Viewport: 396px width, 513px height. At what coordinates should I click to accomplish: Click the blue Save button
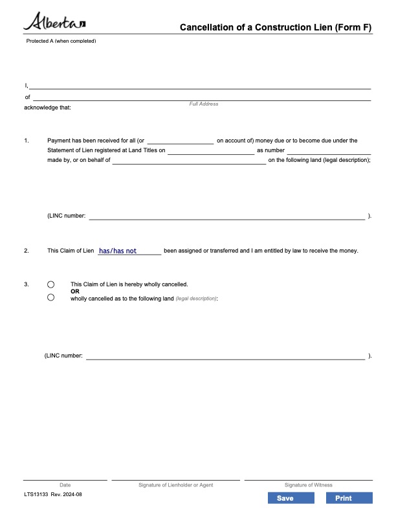point(285,498)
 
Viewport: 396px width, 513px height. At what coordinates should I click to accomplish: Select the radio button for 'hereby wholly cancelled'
point(51,284)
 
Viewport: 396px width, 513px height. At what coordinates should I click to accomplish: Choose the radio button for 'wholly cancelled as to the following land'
point(51,298)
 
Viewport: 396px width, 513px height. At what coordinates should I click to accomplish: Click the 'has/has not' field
point(129,251)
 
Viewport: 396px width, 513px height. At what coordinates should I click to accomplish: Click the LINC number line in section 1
point(226,216)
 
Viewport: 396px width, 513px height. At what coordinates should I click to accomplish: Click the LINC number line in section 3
point(225,356)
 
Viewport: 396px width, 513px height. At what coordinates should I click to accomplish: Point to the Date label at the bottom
point(65,484)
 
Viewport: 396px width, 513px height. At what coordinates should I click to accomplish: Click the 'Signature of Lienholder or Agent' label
point(175,484)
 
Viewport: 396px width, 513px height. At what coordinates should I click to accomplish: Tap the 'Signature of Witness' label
point(308,484)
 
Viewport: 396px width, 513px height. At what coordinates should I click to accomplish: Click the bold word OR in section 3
point(74,291)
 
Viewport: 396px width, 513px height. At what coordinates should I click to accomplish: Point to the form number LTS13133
point(36,495)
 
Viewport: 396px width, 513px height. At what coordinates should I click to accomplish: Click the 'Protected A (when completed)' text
point(61,41)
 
